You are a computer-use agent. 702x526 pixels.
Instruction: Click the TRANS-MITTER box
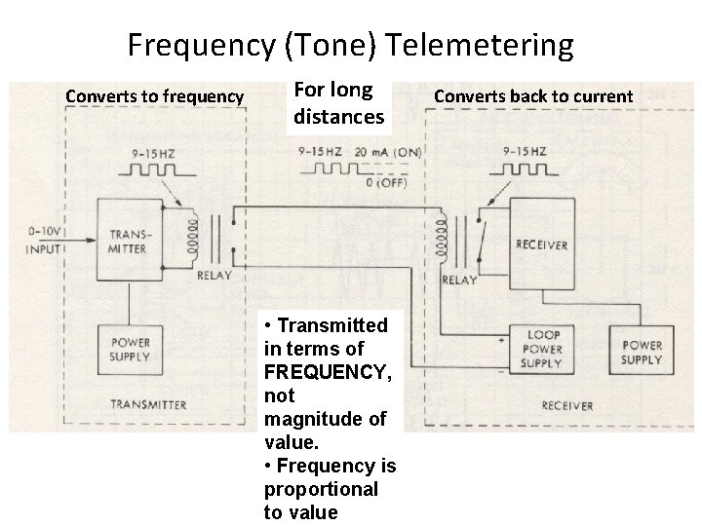click(x=130, y=241)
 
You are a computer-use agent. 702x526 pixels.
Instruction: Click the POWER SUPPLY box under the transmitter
click(x=130, y=349)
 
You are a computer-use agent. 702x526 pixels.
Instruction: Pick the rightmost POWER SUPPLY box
click(x=643, y=352)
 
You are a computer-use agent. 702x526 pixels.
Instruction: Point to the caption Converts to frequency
click(x=154, y=96)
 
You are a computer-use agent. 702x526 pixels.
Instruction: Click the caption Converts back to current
click(x=533, y=96)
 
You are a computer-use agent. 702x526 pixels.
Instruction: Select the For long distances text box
click(x=338, y=103)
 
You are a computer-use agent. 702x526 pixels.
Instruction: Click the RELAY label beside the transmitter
click(x=214, y=275)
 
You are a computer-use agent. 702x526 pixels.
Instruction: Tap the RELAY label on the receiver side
click(x=459, y=281)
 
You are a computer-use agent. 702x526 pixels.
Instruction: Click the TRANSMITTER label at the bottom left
click(x=148, y=403)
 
